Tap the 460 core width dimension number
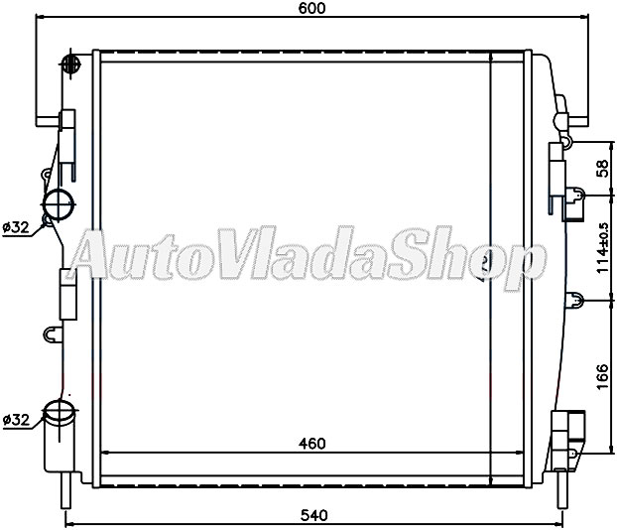[311, 444]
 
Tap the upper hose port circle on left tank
[59, 205]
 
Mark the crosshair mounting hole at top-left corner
[69, 66]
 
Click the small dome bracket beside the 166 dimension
[572, 298]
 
